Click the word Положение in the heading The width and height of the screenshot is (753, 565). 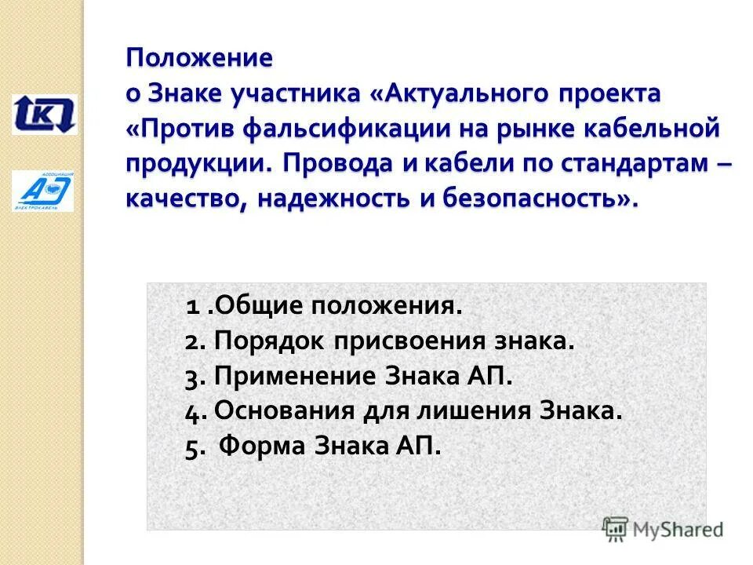pos(200,58)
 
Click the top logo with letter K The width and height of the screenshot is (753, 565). pos(44,114)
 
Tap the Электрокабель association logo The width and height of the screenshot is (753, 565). pos(43,191)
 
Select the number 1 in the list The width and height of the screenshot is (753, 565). pos(191,306)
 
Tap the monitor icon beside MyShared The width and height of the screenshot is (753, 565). pos(615,527)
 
